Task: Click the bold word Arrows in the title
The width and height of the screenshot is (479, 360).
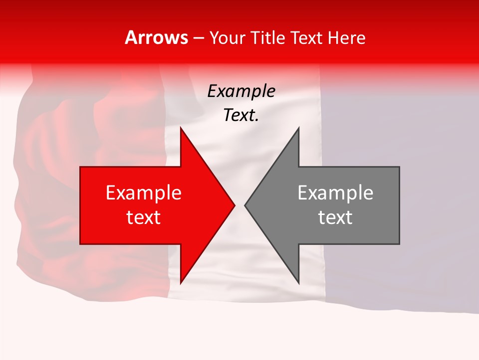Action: click(156, 37)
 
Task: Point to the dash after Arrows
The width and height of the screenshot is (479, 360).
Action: click(198, 38)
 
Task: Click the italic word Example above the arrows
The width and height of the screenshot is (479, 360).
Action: click(241, 91)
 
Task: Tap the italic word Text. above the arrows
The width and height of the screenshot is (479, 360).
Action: click(241, 115)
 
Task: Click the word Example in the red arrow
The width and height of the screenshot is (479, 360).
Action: click(144, 192)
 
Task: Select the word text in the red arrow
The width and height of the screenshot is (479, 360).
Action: click(144, 217)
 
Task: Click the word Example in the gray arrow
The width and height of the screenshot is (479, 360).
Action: click(335, 192)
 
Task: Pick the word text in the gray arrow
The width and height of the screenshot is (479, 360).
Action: click(335, 217)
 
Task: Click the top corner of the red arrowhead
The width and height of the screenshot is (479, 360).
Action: click(181, 128)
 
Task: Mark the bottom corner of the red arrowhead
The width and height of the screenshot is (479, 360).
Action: click(181, 283)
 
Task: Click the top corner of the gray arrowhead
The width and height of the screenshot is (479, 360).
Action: click(298, 128)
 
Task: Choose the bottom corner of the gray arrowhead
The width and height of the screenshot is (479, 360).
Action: click(298, 283)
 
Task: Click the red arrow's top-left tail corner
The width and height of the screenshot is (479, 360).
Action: click(80, 167)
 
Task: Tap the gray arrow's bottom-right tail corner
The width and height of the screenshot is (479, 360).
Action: click(399, 244)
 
